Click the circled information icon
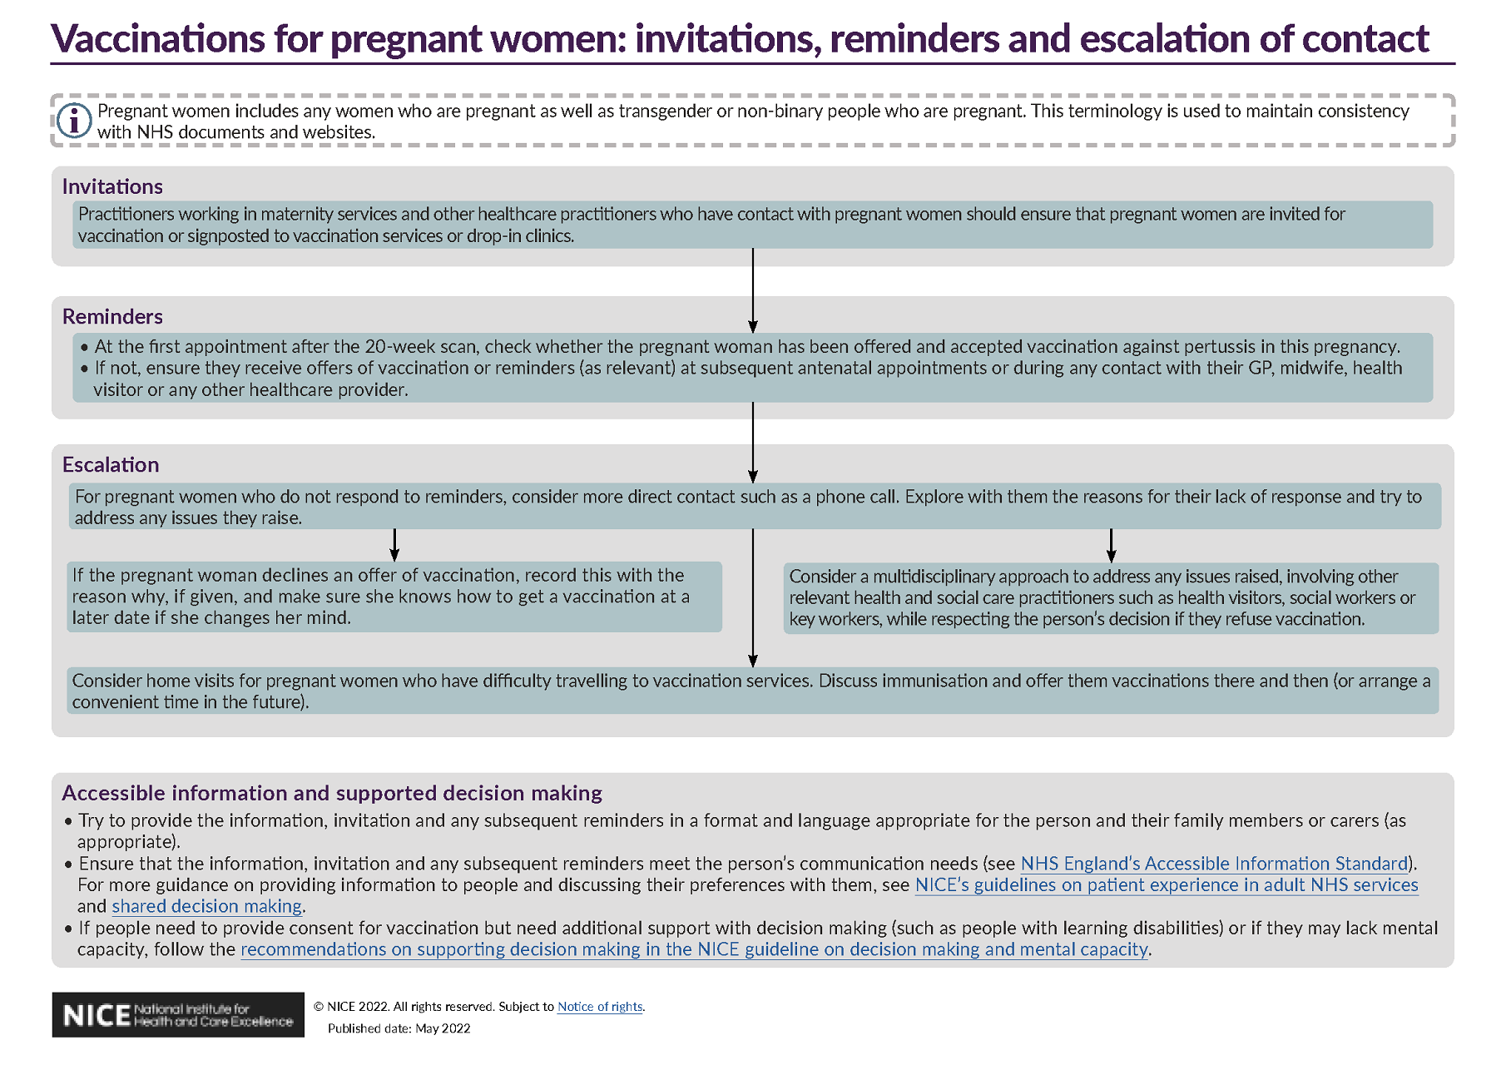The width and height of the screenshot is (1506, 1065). [74, 121]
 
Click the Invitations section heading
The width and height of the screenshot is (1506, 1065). [112, 186]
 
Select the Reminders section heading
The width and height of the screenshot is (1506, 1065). [112, 316]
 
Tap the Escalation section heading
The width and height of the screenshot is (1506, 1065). [111, 464]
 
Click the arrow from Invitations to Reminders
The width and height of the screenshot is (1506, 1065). [753, 290]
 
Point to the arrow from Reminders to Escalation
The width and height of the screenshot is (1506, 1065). [753, 443]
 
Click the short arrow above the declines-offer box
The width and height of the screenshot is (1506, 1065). [394, 545]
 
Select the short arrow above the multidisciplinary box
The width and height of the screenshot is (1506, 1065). [1111, 546]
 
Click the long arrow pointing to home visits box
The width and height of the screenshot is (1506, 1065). [753, 597]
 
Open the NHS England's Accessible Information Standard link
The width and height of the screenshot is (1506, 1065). [1214, 864]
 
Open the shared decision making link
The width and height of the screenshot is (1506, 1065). [207, 906]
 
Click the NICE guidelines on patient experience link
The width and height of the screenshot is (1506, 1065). [1167, 884]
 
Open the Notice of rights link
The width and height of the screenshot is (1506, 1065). [600, 1007]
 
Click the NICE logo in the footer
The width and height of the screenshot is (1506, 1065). [178, 1015]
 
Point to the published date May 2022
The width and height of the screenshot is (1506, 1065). [399, 1028]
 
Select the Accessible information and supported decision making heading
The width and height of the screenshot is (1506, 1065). [332, 793]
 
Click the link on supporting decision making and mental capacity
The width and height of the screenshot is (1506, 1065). [695, 949]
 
